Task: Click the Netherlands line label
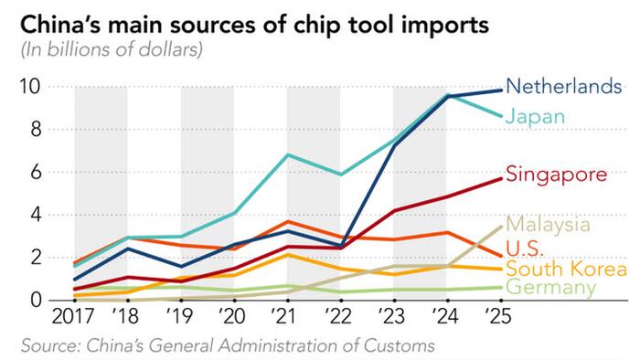pos(564,88)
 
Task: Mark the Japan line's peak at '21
pos(288,155)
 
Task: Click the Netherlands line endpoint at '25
pos(499,90)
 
